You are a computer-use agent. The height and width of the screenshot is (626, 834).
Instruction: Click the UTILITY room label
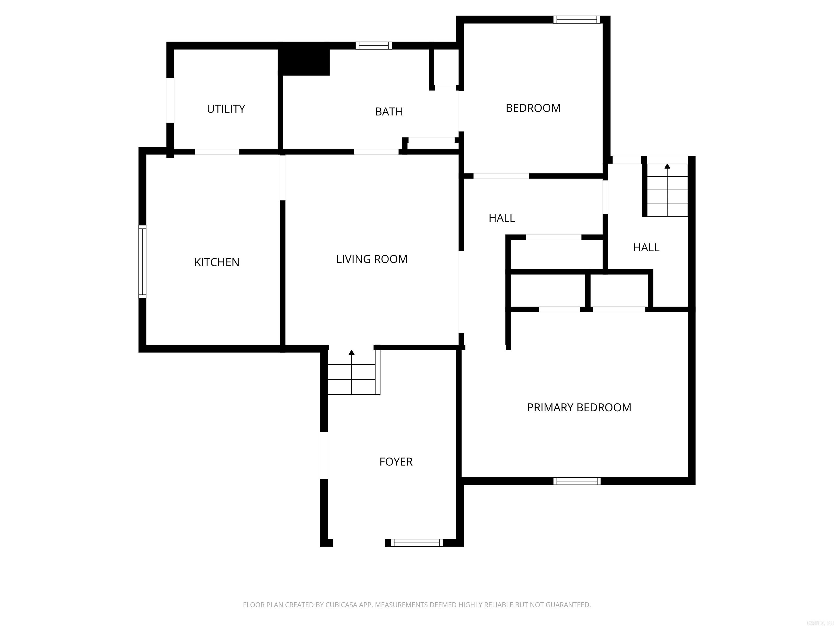click(226, 109)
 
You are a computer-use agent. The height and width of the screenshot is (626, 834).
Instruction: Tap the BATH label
click(389, 112)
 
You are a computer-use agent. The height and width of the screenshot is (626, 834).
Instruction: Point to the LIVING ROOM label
click(371, 259)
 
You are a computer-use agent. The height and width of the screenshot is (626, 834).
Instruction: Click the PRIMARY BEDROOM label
click(579, 408)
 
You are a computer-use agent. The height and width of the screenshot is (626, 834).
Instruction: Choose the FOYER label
click(396, 462)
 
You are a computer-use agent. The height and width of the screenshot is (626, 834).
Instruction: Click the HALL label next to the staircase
click(646, 248)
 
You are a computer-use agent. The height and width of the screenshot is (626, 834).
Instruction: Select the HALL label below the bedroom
click(501, 218)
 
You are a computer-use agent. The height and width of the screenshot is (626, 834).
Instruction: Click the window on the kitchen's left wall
click(142, 261)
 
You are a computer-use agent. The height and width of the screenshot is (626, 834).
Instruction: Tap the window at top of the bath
click(373, 46)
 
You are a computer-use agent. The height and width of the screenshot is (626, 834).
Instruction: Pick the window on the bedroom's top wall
click(576, 20)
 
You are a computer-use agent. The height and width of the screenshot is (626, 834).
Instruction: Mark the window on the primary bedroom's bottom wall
click(576, 481)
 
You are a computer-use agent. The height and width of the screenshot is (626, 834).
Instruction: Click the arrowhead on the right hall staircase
click(667, 166)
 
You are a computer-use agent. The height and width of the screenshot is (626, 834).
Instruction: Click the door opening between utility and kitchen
click(217, 152)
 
